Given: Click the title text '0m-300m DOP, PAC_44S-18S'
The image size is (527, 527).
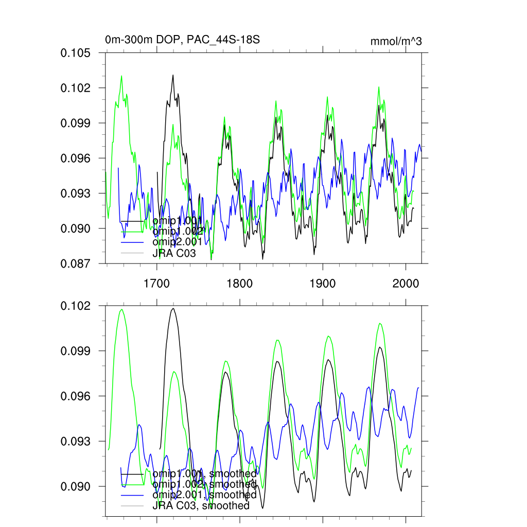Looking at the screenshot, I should point(179,39).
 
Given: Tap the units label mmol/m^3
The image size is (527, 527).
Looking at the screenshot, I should point(396,42).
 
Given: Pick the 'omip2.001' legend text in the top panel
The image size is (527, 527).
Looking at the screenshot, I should point(178,242).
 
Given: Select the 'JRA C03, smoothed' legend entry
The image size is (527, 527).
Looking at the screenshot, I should point(201,506).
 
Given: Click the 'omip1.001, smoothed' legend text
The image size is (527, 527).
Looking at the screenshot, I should point(204,473).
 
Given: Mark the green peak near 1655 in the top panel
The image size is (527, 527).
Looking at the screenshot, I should point(121,76).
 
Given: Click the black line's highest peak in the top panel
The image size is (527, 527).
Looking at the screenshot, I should point(173,75).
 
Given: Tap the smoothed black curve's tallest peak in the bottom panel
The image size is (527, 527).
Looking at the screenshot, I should point(173,308).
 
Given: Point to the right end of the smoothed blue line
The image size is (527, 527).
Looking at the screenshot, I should point(418,388).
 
